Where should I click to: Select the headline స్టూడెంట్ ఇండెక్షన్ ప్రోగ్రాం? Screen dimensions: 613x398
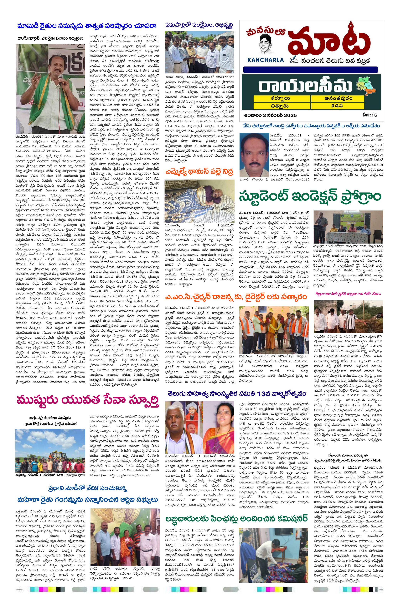311,197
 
